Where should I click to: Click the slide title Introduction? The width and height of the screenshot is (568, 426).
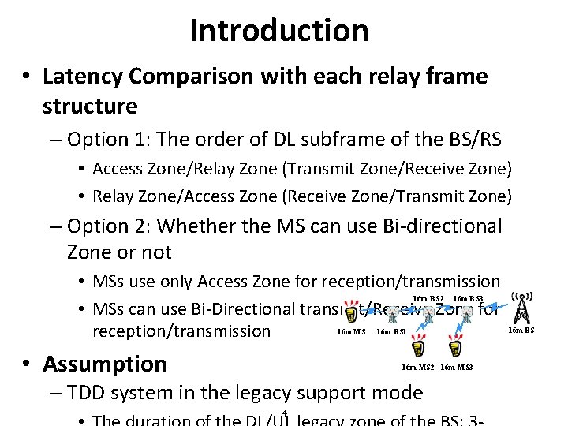pyautogui.click(x=279, y=31)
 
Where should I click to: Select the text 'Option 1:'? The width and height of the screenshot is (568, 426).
pyautogui.click(x=110, y=140)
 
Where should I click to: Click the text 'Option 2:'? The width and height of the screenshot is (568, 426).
pyautogui.click(x=110, y=226)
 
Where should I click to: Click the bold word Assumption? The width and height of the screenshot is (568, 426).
pyautogui.click(x=105, y=364)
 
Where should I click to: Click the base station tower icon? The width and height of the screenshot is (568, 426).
pyautogui.click(x=521, y=308)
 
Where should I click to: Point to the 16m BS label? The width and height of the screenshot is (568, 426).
pyautogui.click(x=521, y=330)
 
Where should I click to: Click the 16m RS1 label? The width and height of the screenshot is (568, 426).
pyautogui.click(x=391, y=332)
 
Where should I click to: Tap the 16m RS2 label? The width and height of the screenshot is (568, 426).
pyautogui.click(x=428, y=298)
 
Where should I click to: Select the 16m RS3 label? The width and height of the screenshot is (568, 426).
pyautogui.click(x=469, y=298)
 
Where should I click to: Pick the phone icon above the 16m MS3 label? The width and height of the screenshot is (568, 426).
pyautogui.click(x=454, y=349)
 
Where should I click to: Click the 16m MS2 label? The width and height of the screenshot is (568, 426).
pyautogui.click(x=417, y=367)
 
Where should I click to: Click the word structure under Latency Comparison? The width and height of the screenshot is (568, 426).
pyautogui.click(x=90, y=106)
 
